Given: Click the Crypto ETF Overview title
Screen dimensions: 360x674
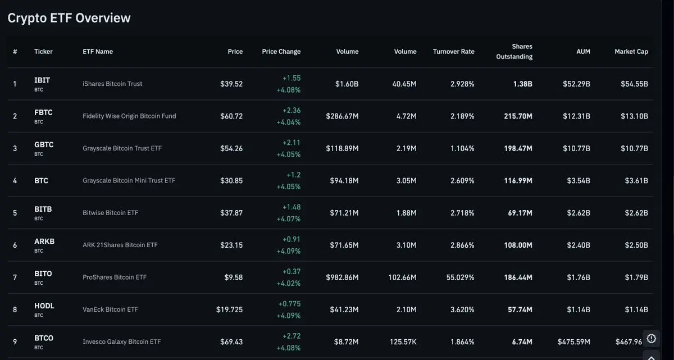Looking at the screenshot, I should tap(69, 18).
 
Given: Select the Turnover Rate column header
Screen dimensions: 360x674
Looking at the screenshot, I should tap(453, 52).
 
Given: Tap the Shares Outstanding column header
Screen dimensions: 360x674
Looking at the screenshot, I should tap(514, 52).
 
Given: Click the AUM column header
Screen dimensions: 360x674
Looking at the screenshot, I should tap(583, 52).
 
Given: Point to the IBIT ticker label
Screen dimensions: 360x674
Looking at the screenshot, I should tap(42, 80).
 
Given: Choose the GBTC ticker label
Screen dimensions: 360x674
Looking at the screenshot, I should tap(44, 145).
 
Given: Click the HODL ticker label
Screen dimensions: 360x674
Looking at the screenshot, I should tap(44, 306).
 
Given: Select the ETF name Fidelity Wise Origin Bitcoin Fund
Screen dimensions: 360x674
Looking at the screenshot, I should tap(129, 116).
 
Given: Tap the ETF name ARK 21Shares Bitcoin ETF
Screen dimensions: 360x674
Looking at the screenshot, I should tap(120, 245).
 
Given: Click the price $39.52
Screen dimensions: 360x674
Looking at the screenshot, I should tap(231, 84).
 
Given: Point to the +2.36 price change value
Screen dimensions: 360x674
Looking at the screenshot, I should tap(292, 111).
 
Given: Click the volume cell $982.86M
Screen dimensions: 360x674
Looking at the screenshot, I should tap(342, 277).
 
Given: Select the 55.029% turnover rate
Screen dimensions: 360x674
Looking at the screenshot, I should tap(460, 277).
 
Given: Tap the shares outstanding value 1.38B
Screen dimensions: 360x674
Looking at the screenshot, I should tap(522, 84).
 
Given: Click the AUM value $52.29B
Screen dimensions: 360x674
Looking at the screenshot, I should tap(576, 84).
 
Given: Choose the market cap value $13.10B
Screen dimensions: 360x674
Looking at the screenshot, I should tap(636, 116).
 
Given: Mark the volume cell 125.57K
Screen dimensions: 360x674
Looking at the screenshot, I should tap(403, 341).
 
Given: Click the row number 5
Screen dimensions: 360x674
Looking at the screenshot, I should tap(15, 213).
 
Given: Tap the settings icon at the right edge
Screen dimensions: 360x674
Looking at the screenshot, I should tap(651, 338).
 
